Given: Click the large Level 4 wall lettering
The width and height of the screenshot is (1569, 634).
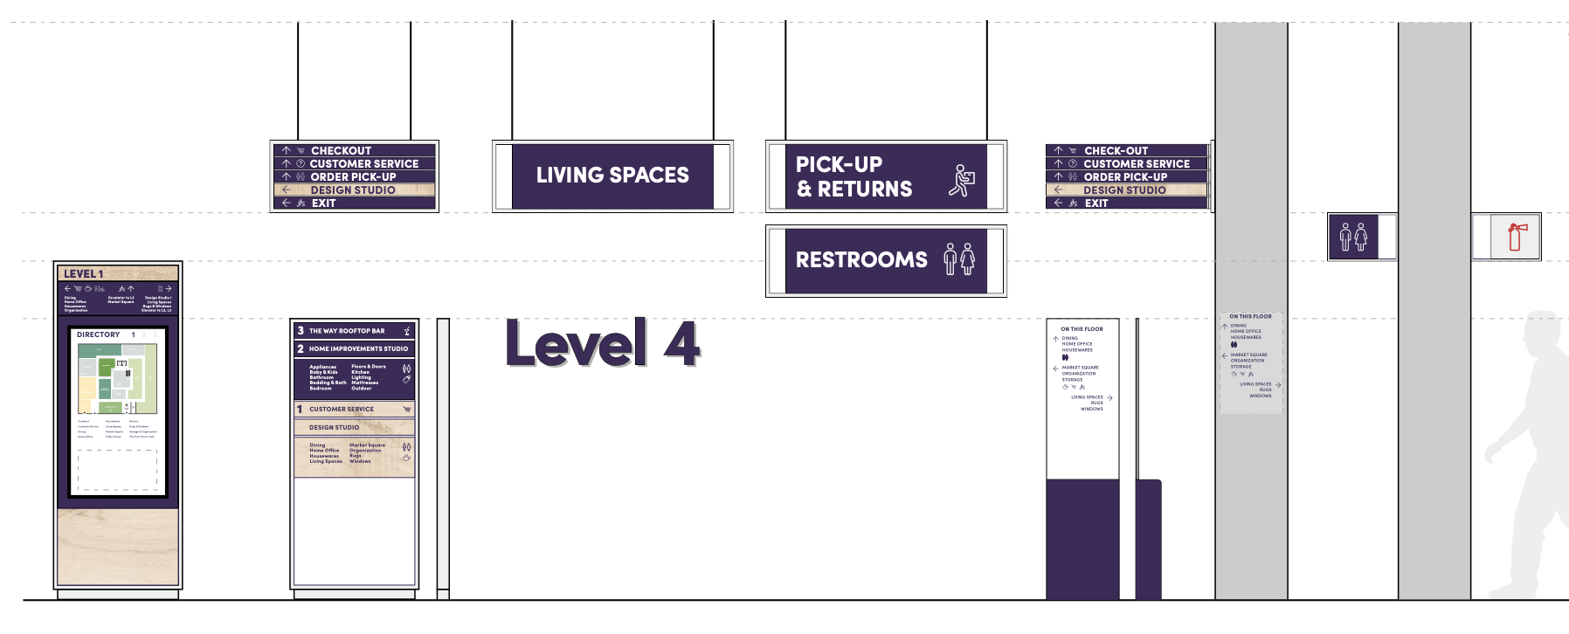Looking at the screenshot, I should [602, 343].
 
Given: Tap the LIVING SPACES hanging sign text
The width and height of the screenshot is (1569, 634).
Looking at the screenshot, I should [612, 176].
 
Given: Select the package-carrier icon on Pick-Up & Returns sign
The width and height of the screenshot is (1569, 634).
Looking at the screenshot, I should [962, 180].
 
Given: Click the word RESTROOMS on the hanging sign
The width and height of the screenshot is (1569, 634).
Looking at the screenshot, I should [861, 260].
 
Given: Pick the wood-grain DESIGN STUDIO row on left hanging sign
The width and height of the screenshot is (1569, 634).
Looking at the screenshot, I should [353, 190].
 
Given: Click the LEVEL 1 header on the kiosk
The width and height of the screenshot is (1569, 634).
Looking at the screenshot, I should [84, 274].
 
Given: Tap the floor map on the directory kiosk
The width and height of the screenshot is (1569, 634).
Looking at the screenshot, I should [117, 378].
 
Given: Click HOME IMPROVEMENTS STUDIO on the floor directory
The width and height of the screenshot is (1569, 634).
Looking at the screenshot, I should [358, 348].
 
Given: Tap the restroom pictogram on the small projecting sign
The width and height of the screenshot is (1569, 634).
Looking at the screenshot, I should [1353, 237].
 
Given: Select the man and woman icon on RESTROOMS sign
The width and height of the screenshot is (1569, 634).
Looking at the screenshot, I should [960, 259].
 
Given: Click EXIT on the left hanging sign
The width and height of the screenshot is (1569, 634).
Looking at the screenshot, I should [323, 203].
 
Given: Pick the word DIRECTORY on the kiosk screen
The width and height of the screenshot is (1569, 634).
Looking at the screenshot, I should [98, 334].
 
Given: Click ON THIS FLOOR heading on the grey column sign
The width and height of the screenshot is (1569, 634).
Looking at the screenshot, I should [1250, 316].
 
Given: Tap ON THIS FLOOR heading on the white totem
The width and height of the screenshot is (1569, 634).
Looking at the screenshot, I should [1082, 329].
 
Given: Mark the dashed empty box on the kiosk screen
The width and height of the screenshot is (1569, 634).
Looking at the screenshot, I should [118, 471].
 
